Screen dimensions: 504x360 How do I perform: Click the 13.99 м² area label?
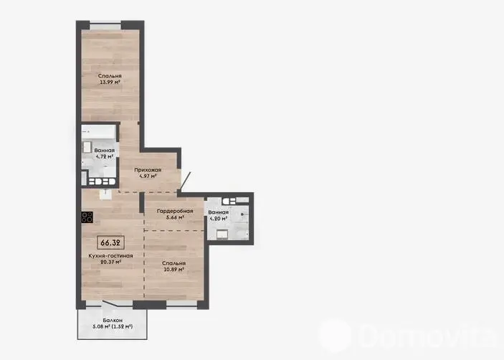tap(110, 82)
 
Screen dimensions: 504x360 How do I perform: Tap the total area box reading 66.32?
tap(110, 242)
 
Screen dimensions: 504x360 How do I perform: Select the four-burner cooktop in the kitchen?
tap(87, 217)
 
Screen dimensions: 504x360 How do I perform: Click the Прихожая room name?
tap(148, 170)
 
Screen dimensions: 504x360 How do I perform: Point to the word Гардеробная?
tap(175, 211)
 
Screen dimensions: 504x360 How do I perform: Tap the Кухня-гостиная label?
tap(110, 256)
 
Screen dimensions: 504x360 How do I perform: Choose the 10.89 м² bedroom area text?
tap(174, 270)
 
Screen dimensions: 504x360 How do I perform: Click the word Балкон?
tap(113, 320)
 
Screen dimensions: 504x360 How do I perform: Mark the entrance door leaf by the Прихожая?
tap(186, 182)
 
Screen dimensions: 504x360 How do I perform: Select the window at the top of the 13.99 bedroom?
tap(105, 26)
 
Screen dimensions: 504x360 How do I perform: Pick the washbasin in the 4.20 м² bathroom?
tap(222, 235)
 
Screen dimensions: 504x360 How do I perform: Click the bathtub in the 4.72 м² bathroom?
tap(98, 132)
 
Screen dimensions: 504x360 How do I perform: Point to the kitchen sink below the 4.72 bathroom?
tap(105, 195)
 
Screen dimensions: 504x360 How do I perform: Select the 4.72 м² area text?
tap(105, 156)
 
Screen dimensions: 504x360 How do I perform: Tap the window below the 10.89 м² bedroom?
tap(181, 304)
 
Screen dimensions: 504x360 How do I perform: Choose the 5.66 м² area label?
tap(175, 217)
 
